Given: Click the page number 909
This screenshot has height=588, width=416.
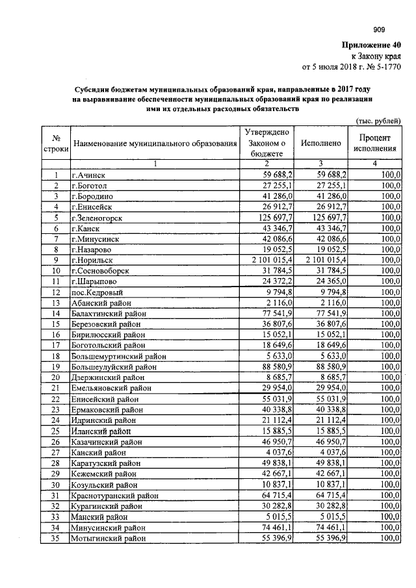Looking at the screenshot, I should click(379, 29).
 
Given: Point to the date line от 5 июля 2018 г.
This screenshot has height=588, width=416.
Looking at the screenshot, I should click(352, 66).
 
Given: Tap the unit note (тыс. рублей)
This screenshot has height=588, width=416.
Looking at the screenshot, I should click(377, 121).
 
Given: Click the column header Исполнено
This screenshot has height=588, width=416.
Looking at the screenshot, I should click(321, 143).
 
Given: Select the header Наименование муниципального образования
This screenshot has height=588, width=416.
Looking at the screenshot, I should click(155, 143).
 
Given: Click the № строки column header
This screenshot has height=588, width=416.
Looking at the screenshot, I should click(57, 143).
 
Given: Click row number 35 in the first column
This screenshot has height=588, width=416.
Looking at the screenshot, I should click(57, 538).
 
